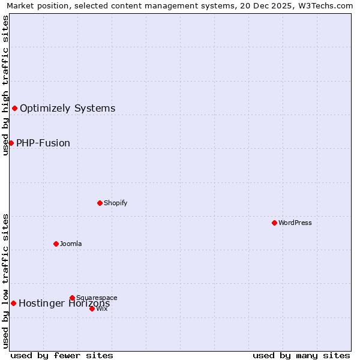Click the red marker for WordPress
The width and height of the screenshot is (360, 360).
click(x=274, y=223)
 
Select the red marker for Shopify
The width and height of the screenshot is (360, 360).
click(x=100, y=203)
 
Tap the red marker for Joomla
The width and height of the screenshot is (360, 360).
click(x=56, y=244)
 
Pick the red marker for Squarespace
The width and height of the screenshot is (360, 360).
click(x=72, y=298)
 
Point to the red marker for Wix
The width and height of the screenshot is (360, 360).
click(x=92, y=308)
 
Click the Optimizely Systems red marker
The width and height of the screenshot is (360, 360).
click(x=14, y=108)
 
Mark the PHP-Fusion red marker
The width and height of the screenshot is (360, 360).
click(x=11, y=143)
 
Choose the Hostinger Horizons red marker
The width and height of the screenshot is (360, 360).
click(x=13, y=303)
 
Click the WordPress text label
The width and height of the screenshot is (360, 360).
click(x=295, y=223)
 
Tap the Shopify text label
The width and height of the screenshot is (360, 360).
click(x=116, y=203)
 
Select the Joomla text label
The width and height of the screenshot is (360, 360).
click(x=71, y=244)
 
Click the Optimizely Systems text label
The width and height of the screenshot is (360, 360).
click(x=68, y=109)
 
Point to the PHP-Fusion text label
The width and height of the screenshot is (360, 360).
click(x=43, y=143)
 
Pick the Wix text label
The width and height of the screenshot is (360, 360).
click(x=102, y=308)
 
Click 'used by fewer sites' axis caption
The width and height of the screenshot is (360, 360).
click(x=62, y=355)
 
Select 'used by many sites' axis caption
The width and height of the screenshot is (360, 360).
click(x=301, y=355)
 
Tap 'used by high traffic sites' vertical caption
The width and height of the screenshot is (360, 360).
click(x=5, y=85)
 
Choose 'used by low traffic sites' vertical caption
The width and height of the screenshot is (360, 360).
click(x=5, y=281)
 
